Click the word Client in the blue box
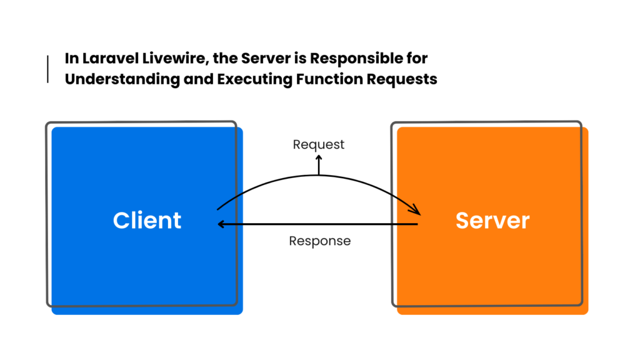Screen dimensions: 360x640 click(x=147, y=221)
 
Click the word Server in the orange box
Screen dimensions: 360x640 click(x=492, y=221)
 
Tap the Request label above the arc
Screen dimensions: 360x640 click(x=319, y=144)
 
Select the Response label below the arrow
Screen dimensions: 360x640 click(x=319, y=241)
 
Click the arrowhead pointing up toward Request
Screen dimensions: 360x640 click(x=319, y=157)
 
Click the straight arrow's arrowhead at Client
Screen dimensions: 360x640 click(x=220, y=224)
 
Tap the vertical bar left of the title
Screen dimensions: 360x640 click(x=48, y=69)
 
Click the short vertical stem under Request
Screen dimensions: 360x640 click(x=319, y=167)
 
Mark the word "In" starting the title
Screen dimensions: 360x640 click(x=72, y=59)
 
